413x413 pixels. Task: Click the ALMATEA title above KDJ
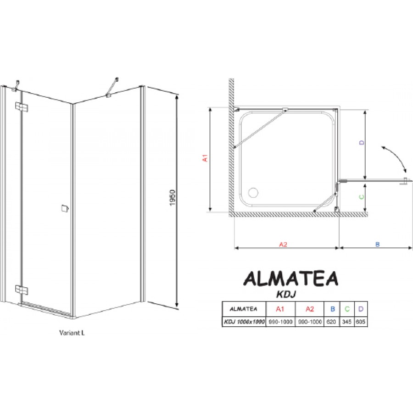coord(290,279)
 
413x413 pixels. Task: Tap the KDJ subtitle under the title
coord(286,294)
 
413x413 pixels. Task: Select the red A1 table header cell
coord(280,309)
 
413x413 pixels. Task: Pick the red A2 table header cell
coord(310,309)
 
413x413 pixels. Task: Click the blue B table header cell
coord(332,309)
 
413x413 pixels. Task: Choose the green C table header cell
coord(347,309)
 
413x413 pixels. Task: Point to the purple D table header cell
coord(361,309)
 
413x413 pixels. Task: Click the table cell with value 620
coord(331,322)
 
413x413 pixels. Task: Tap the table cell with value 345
coord(347,322)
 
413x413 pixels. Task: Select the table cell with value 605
coord(361,322)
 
